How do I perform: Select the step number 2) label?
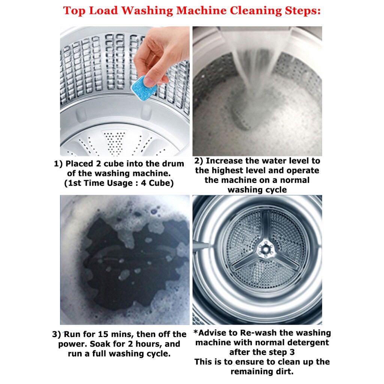pos(199,161)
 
